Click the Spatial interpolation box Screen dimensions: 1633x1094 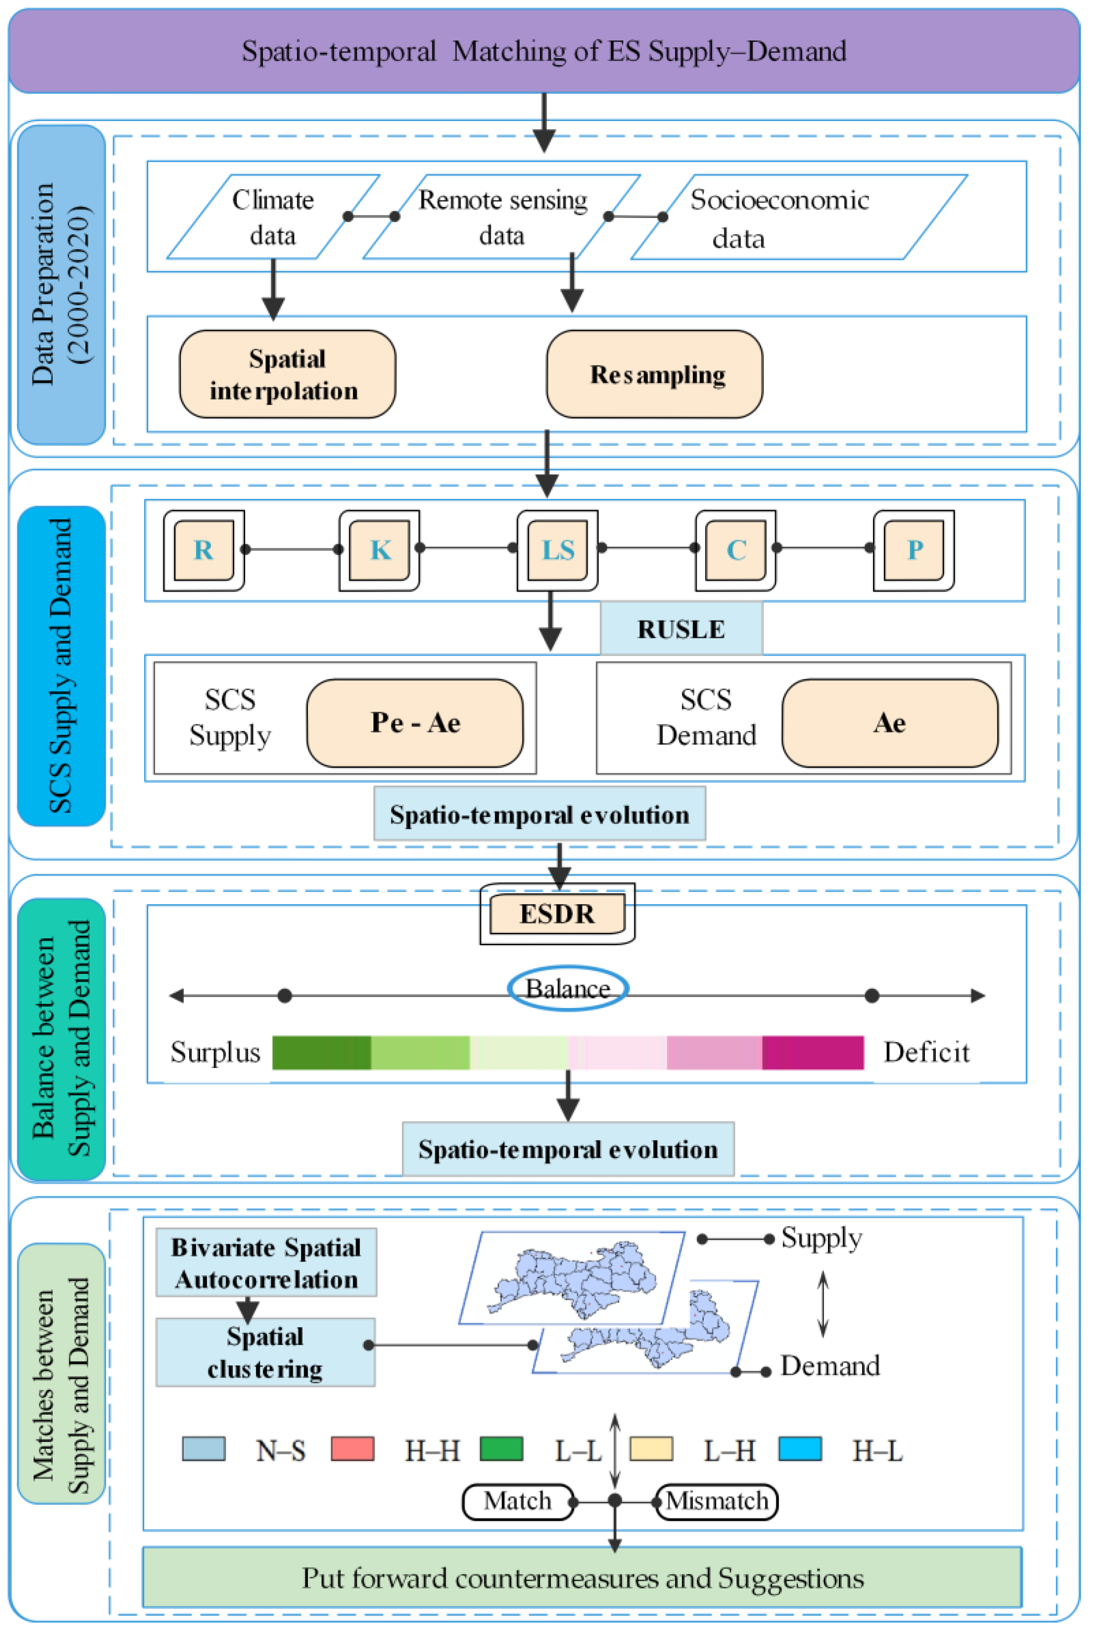pyautogui.click(x=287, y=375)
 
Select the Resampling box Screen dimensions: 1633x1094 pyautogui.click(x=654, y=375)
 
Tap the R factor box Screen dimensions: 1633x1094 pyautogui.click(x=204, y=551)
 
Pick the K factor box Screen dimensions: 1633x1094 pyautogui.click(x=380, y=551)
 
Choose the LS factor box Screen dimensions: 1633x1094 pyautogui.click(x=557, y=551)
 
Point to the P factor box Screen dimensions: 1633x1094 pyautogui.click(x=914, y=551)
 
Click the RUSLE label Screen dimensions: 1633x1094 pyautogui.click(x=681, y=629)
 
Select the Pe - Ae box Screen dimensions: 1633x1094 pyautogui.click(x=415, y=723)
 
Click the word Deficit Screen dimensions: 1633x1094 pyautogui.click(x=927, y=1052)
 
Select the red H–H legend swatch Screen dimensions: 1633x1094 pyautogui.click(x=352, y=1449)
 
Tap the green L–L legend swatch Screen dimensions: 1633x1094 pyautogui.click(x=502, y=1449)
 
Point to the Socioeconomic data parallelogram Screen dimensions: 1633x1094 pyautogui.click(x=799, y=218)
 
